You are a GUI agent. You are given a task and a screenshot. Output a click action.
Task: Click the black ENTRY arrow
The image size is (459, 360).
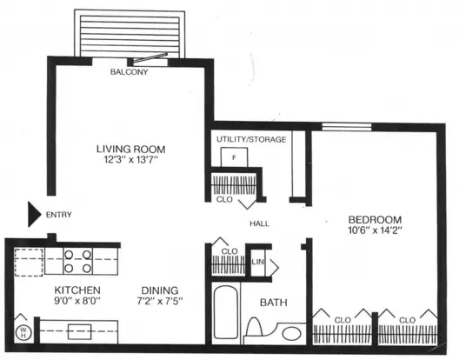34,214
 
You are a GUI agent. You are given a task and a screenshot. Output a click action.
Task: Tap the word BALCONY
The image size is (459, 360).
129,72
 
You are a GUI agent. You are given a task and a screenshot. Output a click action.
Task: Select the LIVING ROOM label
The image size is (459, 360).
131,149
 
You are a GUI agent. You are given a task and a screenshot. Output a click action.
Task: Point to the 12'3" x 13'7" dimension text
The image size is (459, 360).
131,160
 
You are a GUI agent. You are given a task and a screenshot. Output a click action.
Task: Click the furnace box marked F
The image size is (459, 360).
234,157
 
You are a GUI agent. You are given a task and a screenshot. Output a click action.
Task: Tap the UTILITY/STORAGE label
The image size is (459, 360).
251,139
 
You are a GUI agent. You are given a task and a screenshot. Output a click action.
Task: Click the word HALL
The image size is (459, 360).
259,223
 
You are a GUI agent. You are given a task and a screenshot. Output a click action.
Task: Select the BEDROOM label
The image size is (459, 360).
375,219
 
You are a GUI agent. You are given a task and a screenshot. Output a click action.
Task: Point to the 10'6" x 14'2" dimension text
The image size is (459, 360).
375,230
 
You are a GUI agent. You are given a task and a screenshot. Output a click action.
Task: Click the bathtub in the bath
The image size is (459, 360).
225,312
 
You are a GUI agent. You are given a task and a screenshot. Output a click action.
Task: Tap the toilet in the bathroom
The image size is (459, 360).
254,328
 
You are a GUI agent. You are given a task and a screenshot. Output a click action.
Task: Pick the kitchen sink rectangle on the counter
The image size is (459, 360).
80,331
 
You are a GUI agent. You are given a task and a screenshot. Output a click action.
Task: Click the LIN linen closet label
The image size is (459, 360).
257,262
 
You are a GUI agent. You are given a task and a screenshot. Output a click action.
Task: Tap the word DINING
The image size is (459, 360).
160,290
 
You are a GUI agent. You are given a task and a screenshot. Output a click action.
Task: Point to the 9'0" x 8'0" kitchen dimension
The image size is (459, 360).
77,301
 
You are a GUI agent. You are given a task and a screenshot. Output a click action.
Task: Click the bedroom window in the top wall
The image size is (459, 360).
347,127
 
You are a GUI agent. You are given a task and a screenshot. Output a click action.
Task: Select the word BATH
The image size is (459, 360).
274,303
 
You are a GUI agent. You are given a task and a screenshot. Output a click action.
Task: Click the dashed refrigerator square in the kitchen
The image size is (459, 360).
29,262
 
